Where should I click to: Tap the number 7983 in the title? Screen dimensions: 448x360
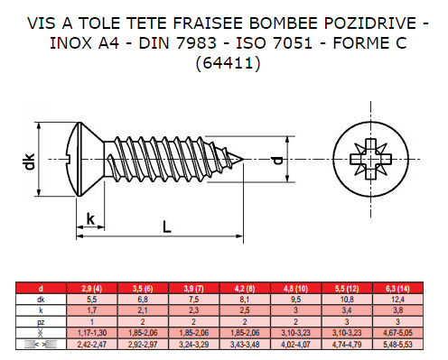[196, 43]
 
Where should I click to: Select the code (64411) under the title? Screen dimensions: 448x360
[228, 63]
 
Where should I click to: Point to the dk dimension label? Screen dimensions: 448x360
[30, 162]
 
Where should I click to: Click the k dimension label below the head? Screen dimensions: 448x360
[90, 219]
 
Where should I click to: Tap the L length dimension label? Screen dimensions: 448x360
[167, 226]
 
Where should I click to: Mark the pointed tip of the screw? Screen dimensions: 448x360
[243, 159]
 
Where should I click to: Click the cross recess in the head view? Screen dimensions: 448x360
[371, 159]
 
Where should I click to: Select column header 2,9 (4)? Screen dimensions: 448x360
[92, 289]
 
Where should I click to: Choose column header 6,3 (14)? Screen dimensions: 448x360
[397, 289]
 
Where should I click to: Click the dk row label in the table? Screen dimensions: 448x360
[41, 300]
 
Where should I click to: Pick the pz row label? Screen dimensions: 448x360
[41, 322]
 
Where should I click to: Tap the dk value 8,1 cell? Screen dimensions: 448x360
[245, 300]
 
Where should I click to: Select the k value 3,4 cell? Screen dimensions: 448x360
[347, 310]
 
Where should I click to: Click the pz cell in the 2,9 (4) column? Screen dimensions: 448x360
[92, 322]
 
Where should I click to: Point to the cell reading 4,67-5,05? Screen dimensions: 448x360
[397, 333]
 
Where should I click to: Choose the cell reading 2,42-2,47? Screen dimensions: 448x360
[92, 345]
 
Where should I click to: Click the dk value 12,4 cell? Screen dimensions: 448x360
[397, 300]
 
